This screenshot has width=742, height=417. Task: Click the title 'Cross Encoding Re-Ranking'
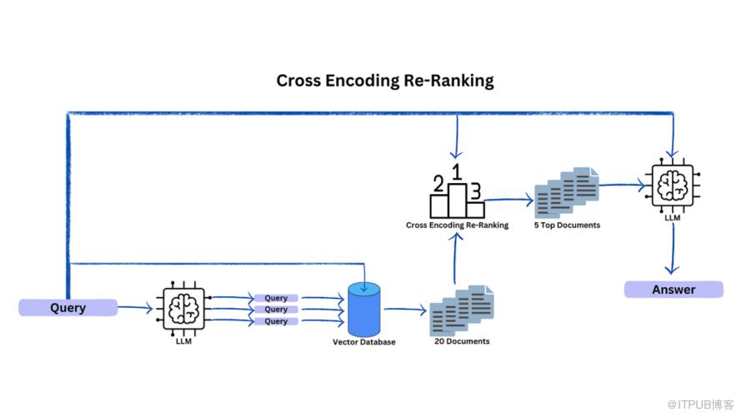click(x=384, y=81)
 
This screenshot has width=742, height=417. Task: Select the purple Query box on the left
click(x=68, y=308)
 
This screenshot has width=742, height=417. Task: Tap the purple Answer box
click(x=673, y=290)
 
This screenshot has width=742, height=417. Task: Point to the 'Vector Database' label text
click(x=364, y=342)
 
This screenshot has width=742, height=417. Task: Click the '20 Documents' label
click(x=462, y=341)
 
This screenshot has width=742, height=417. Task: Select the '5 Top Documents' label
click(x=567, y=225)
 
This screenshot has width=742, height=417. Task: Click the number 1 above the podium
click(x=456, y=171)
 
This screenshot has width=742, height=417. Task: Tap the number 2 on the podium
click(x=438, y=184)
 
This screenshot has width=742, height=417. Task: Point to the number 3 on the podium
click(x=475, y=191)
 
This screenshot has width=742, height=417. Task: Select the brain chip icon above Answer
click(x=673, y=183)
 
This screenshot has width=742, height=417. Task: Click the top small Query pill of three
click(x=276, y=298)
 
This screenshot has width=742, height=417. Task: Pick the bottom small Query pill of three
click(x=276, y=321)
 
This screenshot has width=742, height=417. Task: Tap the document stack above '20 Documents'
click(x=461, y=310)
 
